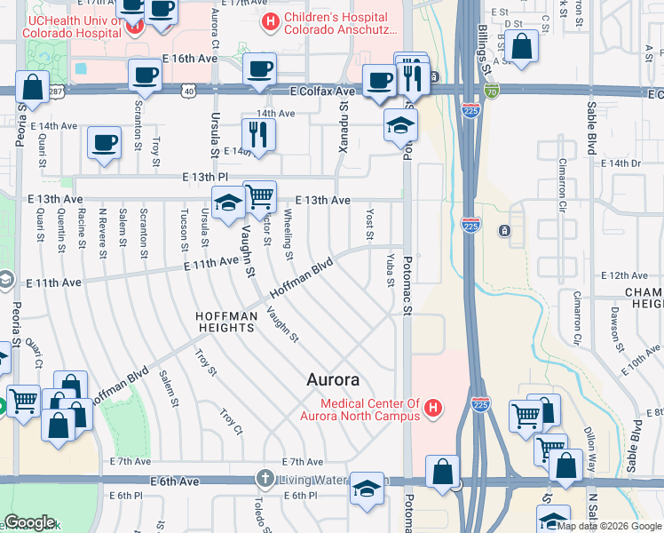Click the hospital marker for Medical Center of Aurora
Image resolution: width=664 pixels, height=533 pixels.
[432, 409]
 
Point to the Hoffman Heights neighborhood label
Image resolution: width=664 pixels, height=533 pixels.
[226, 322]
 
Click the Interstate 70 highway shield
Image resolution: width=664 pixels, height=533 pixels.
[492, 91]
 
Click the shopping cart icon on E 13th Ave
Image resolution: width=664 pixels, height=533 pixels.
[258, 196]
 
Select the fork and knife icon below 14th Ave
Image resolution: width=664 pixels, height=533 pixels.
[258, 134]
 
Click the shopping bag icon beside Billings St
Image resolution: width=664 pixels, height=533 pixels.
[523, 48]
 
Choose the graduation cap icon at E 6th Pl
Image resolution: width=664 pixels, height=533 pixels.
[366, 489]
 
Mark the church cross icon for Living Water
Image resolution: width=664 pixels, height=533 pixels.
[264, 480]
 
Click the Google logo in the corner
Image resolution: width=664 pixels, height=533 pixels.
[29, 522]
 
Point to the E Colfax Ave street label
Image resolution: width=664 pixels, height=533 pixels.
[322, 91]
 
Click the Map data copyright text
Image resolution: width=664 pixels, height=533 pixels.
[604, 525]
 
